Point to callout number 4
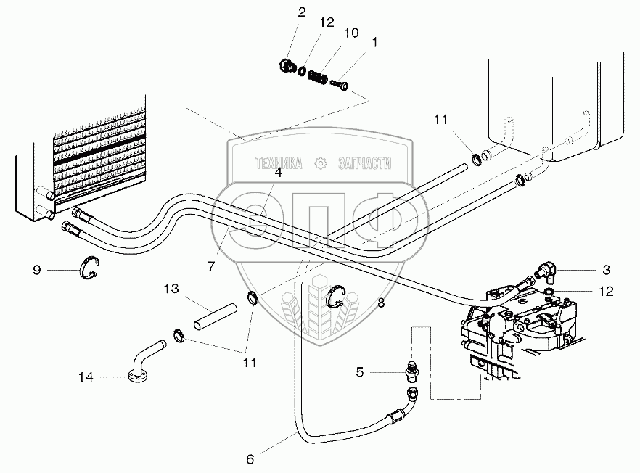[278, 172]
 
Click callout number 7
[211, 267]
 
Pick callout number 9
[36, 270]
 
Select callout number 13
[171, 289]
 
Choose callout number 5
[359, 373]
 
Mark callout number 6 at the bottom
[250, 458]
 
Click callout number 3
[606, 269]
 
